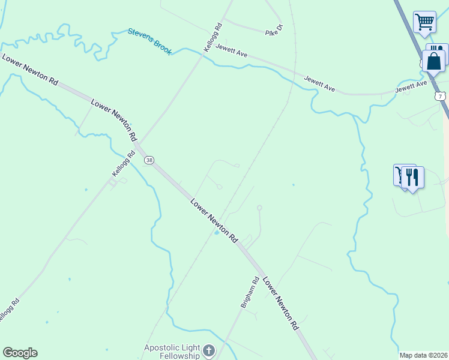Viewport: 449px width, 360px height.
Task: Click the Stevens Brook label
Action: click(x=149, y=40)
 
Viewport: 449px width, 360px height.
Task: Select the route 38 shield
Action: click(x=149, y=160)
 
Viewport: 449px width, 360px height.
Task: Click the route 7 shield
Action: click(x=441, y=96)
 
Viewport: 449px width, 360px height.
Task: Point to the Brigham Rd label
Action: click(x=250, y=292)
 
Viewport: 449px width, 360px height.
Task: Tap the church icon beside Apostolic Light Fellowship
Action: click(x=208, y=350)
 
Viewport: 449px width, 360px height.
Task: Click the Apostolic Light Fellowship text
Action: click(x=172, y=352)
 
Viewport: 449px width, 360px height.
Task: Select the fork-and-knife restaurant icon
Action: click(x=412, y=177)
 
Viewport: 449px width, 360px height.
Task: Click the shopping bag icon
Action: click(x=433, y=61)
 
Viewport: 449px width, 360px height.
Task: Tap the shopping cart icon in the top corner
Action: click(x=424, y=22)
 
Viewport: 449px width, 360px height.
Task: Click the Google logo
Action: click(x=20, y=353)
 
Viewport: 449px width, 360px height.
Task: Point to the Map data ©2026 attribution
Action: click(x=423, y=355)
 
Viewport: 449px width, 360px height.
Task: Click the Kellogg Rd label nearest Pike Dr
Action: click(x=213, y=37)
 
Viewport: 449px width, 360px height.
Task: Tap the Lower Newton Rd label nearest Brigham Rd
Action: click(x=280, y=304)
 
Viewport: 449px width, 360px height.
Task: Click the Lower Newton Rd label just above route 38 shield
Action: click(x=114, y=120)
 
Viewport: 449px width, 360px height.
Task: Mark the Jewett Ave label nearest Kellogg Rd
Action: click(x=232, y=52)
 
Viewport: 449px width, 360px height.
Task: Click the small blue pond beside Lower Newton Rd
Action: click(x=217, y=233)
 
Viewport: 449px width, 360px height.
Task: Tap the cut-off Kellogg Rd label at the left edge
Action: click(x=8, y=310)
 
